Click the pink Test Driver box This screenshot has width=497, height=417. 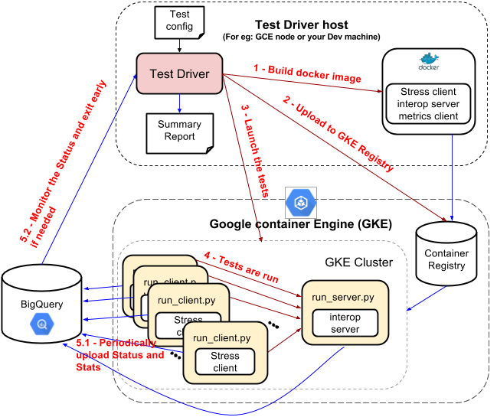point(179,73)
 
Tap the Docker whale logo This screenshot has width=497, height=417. point(429,60)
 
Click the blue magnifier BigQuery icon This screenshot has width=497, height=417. point(42,324)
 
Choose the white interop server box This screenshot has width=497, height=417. point(344,322)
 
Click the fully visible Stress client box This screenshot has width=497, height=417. point(225,362)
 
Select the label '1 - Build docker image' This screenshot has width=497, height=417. point(307,73)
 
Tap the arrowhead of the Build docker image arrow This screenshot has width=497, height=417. point(381,91)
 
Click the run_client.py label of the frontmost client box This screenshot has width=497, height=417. point(221,337)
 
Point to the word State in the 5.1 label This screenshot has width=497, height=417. point(90,367)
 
